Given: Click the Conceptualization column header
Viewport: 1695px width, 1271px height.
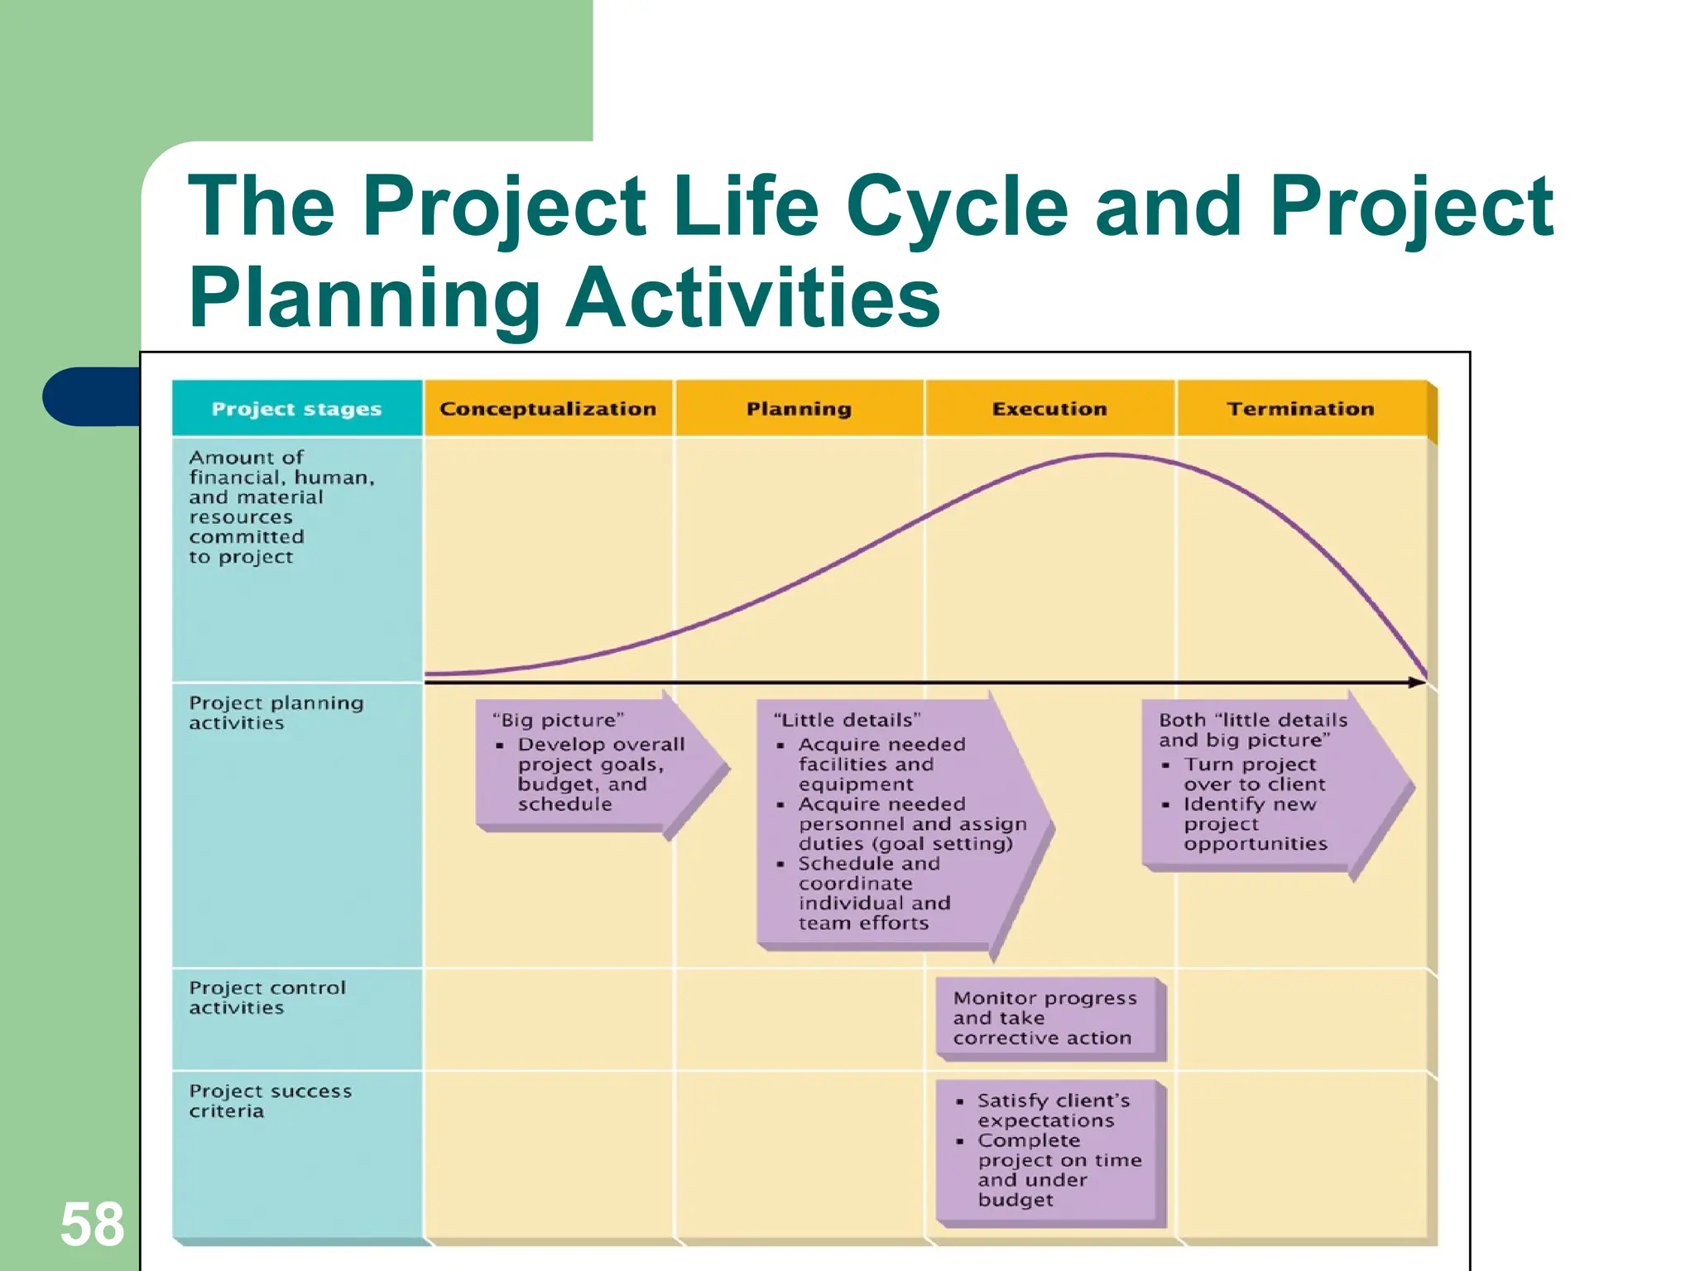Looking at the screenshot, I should pos(547,409).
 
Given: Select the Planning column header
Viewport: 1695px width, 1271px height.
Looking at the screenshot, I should pos(799,409).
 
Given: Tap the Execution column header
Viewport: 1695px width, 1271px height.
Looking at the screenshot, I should pos(1049,409).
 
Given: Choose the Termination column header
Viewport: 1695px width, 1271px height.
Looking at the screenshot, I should pos(1300,409).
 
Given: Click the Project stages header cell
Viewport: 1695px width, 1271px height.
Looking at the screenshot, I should pos(296,409).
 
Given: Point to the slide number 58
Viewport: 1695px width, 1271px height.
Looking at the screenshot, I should pos(92,1224).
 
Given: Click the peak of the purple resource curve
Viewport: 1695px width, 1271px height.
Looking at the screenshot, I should pos(1107,455).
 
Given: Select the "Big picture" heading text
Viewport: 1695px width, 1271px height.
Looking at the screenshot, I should pos(558,720).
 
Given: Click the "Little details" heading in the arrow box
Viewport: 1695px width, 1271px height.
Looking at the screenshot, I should pos(847,720).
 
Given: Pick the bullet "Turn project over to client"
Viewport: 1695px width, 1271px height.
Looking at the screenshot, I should pos(1254,774).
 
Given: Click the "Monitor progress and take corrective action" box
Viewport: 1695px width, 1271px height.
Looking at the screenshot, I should pos(1044,1018).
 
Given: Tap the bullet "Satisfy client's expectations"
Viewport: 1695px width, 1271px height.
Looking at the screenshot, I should pos(1053,1110).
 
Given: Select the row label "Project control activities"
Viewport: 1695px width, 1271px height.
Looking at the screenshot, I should pos(266,998).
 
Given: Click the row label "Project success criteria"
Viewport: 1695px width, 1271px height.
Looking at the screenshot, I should pos(270,1101).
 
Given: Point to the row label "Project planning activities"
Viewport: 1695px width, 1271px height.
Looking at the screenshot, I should pos(276,712).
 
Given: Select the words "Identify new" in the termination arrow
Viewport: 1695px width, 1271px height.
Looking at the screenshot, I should pos(1249,804).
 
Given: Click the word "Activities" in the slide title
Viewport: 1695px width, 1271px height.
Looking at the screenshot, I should pos(752,299).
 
